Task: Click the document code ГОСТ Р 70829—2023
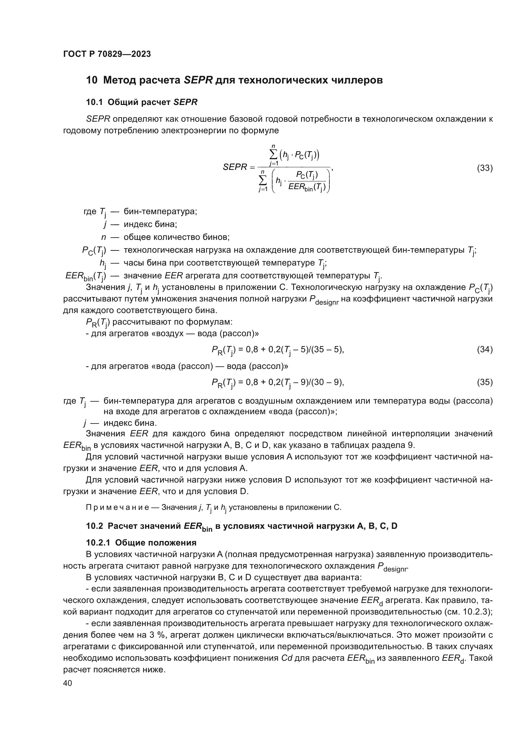click(x=107, y=54)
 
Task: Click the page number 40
click(x=68, y=683)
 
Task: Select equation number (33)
click(x=484, y=168)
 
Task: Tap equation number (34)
click(x=484, y=350)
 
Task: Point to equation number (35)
click(x=484, y=382)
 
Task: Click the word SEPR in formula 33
click(x=234, y=167)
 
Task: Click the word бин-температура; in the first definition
click(x=160, y=212)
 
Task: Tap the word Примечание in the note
click(x=117, y=507)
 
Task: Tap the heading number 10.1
click(x=94, y=102)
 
